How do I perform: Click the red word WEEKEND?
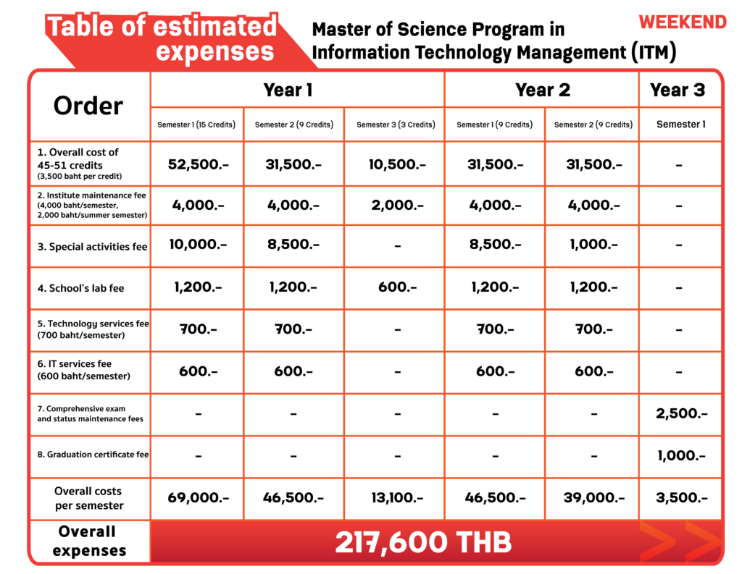[683, 22]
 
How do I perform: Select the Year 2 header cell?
[542, 90]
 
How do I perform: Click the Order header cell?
[88, 106]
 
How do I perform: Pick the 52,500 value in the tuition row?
[198, 164]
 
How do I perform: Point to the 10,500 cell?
[396, 164]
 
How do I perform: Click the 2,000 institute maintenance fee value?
[396, 206]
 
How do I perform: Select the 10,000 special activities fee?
[198, 245]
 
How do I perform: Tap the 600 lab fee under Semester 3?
[397, 287]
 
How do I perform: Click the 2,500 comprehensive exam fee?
[680, 414]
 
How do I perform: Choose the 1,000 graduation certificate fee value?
[680, 455]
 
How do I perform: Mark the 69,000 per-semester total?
[198, 498]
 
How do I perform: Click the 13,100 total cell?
[396, 498]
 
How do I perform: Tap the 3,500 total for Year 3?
[680, 498]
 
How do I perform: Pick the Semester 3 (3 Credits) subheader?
[396, 124]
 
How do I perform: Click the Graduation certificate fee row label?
[93, 455]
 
